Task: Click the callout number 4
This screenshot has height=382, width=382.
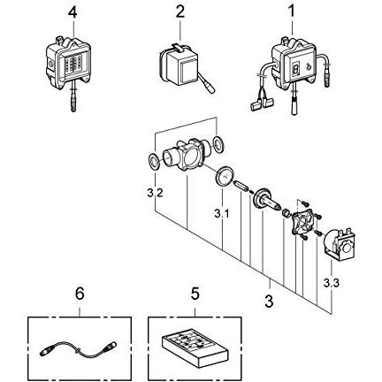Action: click(x=73, y=12)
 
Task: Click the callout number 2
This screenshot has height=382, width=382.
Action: click(x=180, y=12)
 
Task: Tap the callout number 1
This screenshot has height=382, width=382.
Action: click(x=292, y=11)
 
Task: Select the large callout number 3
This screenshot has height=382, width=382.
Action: click(x=269, y=302)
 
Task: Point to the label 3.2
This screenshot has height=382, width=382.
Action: click(x=155, y=194)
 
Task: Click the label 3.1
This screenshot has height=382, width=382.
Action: click(x=222, y=214)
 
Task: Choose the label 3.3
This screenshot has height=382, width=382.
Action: click(x=332, y=283)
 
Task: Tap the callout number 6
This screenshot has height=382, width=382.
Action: click(x=80, y=294)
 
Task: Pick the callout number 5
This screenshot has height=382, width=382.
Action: click(x=195, y=294)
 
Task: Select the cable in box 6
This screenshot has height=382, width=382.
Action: click(x=78, y=349)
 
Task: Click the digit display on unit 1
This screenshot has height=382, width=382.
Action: click(x=295, y=67)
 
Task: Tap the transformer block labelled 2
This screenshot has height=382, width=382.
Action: click(x=180, y=67)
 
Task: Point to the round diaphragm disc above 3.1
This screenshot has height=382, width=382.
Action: click(x=224, y=176)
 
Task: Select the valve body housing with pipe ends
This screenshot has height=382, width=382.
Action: click(x=187, y=155)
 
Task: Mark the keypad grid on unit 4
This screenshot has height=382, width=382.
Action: click(x=73, y=65)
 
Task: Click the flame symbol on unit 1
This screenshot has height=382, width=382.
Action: click(x=309, y=66)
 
